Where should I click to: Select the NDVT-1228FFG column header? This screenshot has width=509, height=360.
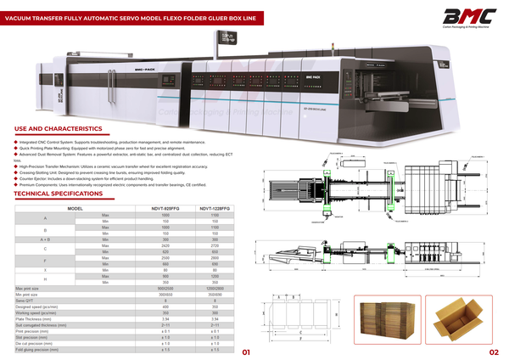(x=215, y=209)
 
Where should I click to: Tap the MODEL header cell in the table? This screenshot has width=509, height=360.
(x=75, y=209)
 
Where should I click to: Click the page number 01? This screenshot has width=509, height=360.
(x=246, y=352)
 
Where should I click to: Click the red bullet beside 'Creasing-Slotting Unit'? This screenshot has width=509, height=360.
(x=16, y=171)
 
